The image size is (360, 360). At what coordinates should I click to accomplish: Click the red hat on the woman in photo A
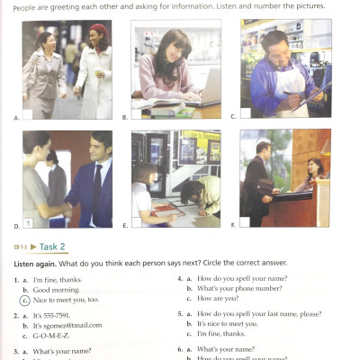pos(97,30)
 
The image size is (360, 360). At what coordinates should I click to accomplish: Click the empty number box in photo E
pos(138,220)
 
